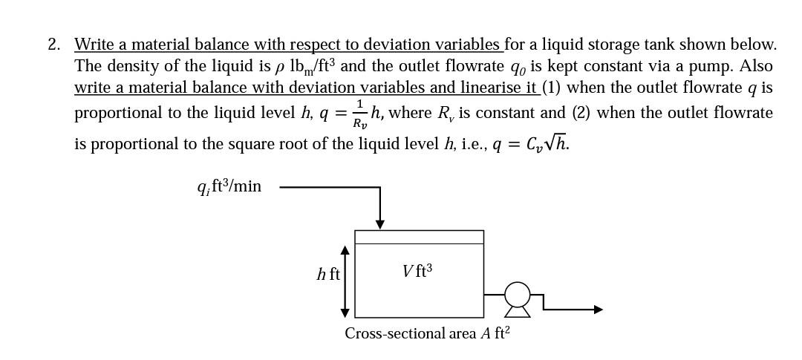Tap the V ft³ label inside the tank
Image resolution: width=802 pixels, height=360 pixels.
click(x=417, y=272)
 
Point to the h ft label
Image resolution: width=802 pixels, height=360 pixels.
click(x=327, y=275)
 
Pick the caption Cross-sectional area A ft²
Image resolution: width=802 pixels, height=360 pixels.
click(x=427, y=333)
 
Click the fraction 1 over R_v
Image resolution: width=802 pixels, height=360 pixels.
click(x=359, y=114)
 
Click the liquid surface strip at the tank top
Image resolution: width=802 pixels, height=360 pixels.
click(x=419, y=237)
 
